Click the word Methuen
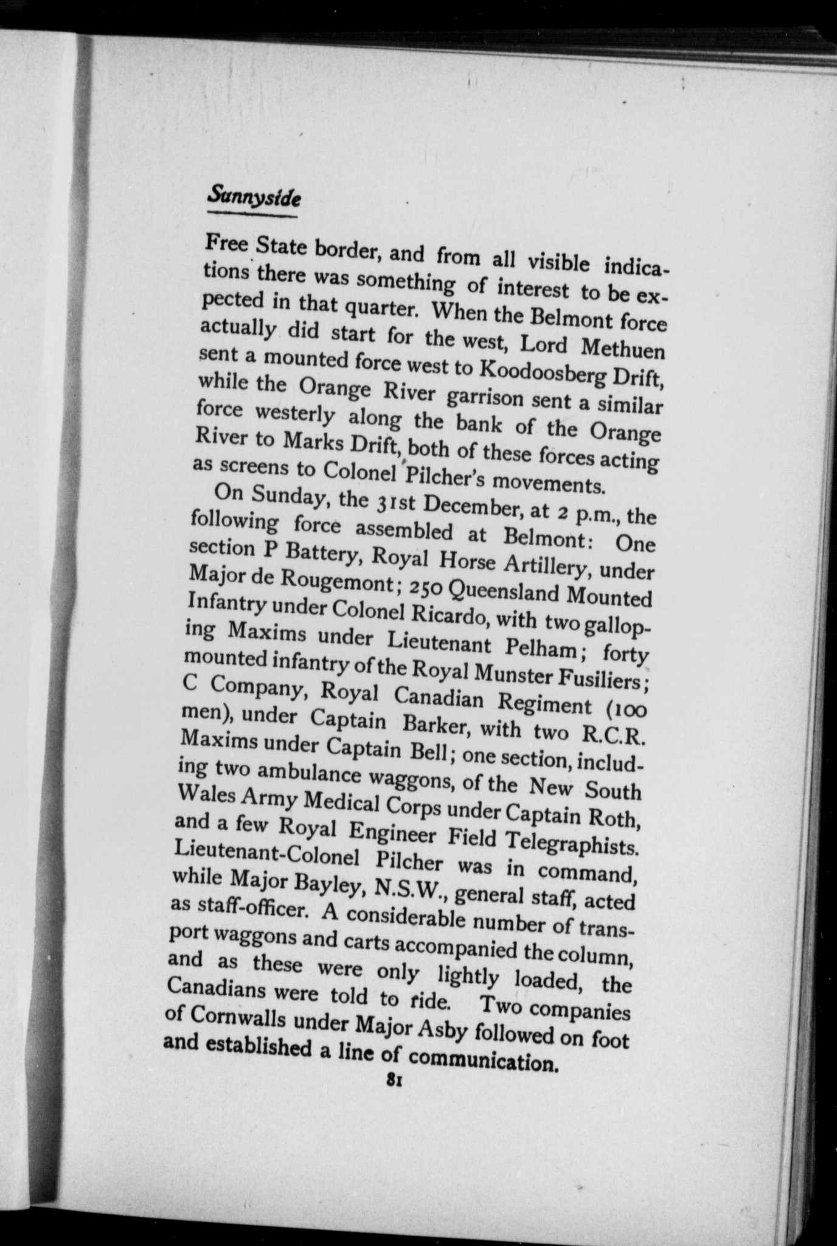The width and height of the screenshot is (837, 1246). (x=623, y=349)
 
